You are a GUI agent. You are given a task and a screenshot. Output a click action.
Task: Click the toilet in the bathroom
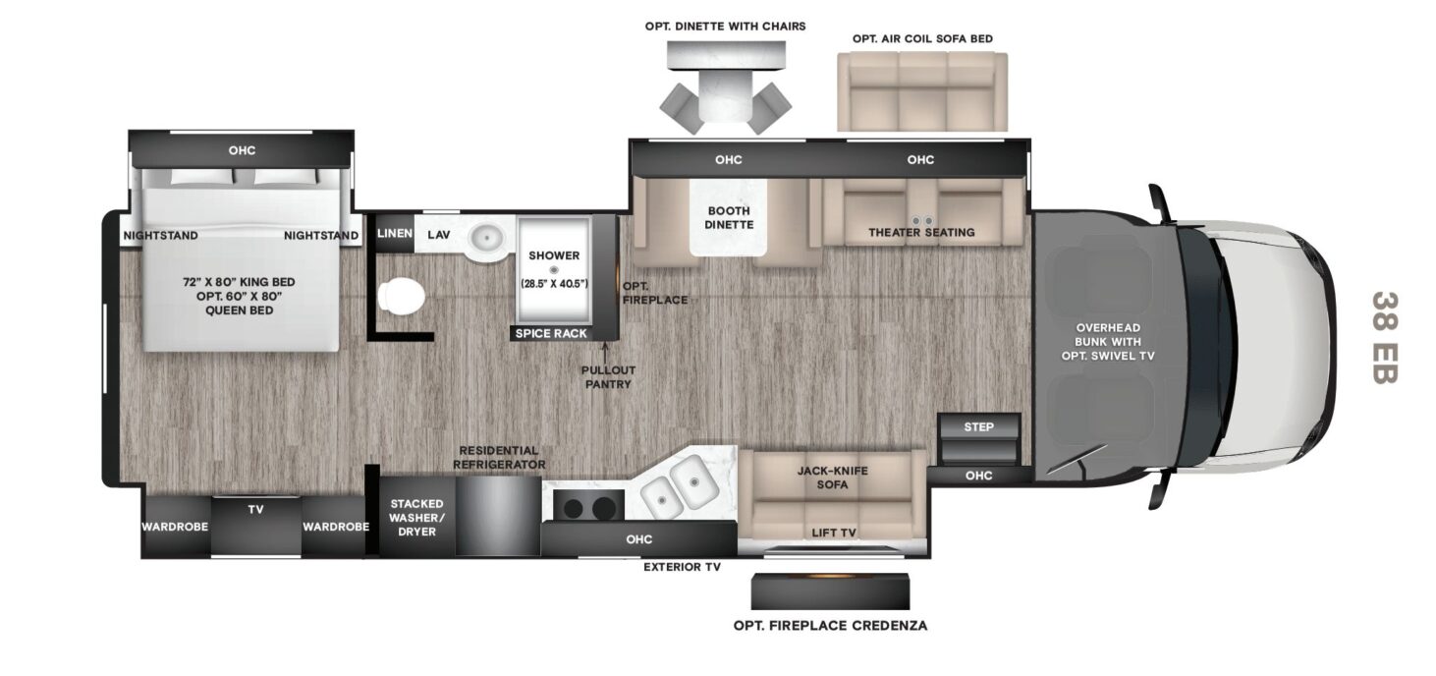pyautogui.click(x=402, y=297)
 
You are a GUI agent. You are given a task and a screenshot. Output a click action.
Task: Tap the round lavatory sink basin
pyautogui.click(x=487, y=239)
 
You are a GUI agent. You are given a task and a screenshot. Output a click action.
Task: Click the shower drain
pyautogui.click(x=554, y=270)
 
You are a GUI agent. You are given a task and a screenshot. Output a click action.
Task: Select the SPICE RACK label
pyautogui.click(x=551, y=333)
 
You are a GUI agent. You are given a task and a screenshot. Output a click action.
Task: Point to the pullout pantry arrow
pyautogui.click(x=604, y=352)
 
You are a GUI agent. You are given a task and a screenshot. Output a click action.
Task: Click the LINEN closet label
pyautogui.click(x=394, y=233)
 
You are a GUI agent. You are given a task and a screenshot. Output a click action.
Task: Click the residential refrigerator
pyautogui.click(x=498, y=515)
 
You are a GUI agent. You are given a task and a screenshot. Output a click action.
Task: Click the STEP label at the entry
pyautogui.click(x=979, y=426)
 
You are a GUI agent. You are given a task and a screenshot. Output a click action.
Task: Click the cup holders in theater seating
pyautogui.click(x=922, y=221)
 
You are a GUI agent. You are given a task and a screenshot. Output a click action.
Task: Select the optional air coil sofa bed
pyautogui.click(x=922, y=91)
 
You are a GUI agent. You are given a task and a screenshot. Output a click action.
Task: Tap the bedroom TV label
pyautogui.click(x=255, y=509)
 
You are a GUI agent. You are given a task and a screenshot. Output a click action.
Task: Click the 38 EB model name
pyautogui.click(x=1384, y=337)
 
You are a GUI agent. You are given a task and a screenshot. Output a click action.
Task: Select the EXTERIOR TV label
pyautogui.click(x=682, y=567)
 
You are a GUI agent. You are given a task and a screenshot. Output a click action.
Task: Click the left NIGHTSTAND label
pyautogui.click(x=161, y=236)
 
